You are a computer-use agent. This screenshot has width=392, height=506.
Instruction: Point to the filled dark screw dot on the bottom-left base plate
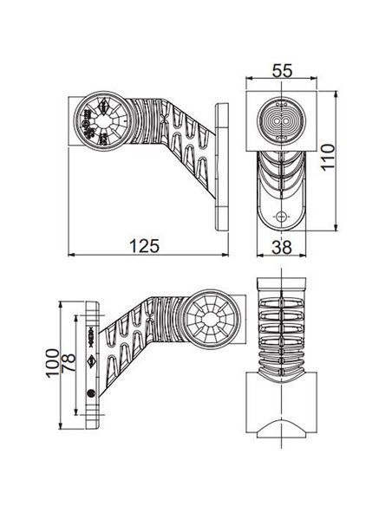point(93,392)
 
